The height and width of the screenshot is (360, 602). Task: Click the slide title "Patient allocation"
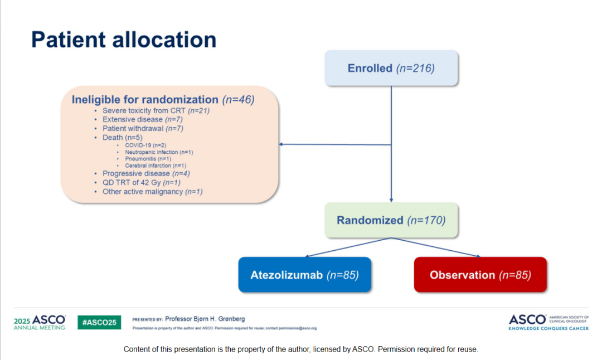point(123,40)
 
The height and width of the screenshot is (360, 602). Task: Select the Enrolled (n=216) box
point(391,69)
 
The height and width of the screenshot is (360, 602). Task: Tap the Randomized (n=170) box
point(391,220)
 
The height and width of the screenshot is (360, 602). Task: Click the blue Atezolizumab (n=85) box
point(304,275)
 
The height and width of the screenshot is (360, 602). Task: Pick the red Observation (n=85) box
point(480,275)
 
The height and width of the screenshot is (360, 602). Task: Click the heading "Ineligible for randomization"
point(145,100)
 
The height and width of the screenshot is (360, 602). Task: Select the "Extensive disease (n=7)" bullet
point(143,120)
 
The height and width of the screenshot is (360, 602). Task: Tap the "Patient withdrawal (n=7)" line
point(143,129)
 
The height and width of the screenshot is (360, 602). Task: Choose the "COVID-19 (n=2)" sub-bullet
point(145,145)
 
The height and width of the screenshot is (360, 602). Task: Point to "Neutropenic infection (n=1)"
point(159,152)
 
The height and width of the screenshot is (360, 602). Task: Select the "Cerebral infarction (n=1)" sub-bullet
point(156,166)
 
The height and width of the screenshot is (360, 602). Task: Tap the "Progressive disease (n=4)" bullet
point(146,174)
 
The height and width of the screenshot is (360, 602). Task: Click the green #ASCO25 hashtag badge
point(99,322)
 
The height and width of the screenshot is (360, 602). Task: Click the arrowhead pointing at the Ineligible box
point(281,144)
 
